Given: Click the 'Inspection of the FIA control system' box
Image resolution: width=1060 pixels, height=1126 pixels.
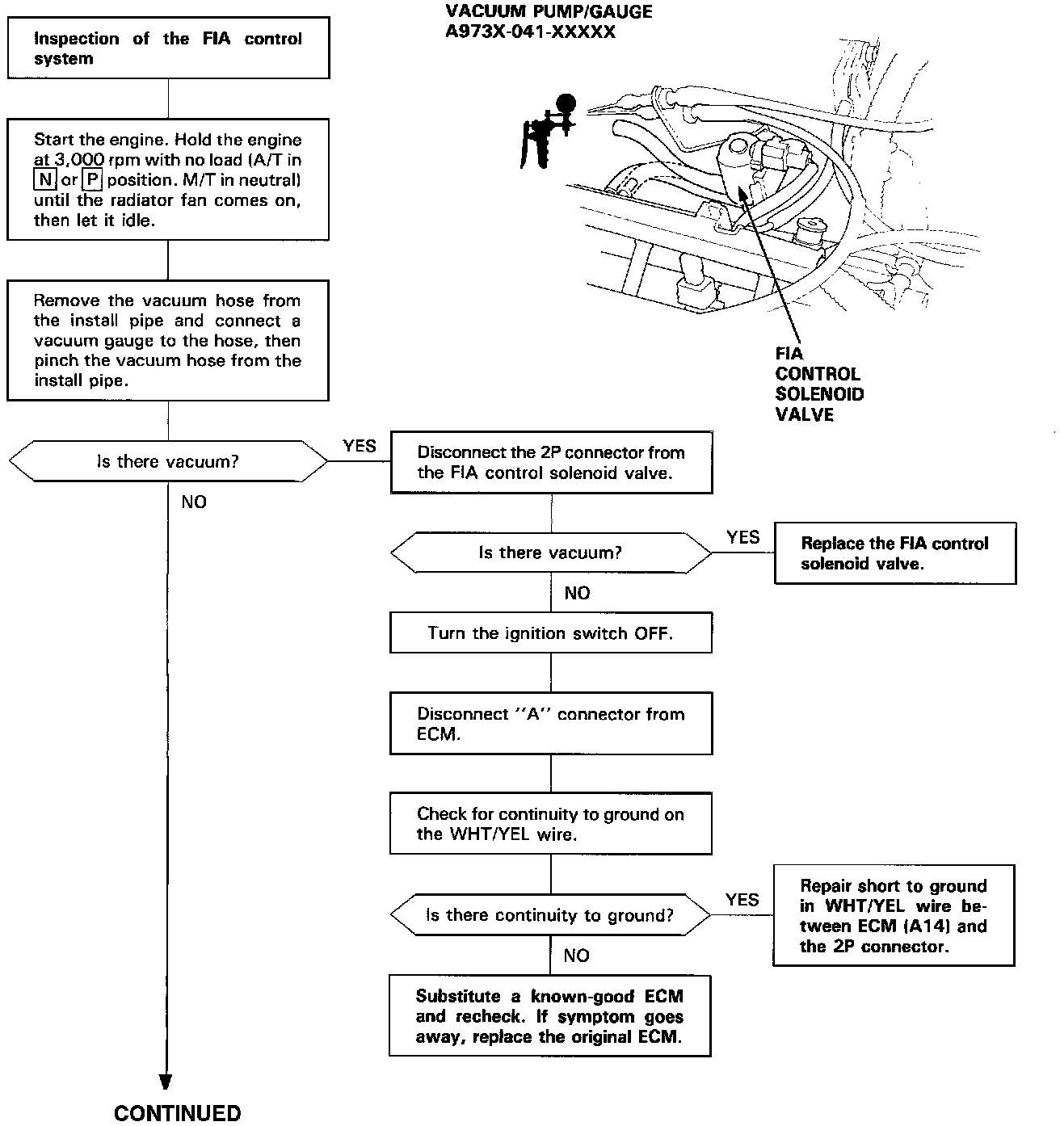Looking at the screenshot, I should pos(168,48).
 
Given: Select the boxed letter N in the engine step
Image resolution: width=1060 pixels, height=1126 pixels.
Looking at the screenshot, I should pos(45,180).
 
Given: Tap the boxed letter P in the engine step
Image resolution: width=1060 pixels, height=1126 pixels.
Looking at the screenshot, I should pos(91,180).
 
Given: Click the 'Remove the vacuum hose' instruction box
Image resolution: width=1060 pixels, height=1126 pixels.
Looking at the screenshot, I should pos(168,340).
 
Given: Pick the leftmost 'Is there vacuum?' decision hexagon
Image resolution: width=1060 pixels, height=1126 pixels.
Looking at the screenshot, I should pos(168,462).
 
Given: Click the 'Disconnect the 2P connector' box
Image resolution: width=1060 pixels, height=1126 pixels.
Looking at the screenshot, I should pos(551,463).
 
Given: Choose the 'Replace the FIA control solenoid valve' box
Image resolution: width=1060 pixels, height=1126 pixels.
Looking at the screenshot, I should pos(894,553).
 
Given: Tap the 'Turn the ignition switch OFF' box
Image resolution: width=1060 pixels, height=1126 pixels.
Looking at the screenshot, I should pos(551,633).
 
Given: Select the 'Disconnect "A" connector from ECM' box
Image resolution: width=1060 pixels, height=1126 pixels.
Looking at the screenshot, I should pos(551,724).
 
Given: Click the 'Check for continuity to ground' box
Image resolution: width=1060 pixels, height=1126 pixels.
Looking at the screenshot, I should pos(551,824).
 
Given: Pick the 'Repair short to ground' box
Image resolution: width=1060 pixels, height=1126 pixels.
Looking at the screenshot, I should pos(894,916).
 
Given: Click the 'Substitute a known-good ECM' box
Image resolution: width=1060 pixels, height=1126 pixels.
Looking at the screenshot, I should pos(549,1016).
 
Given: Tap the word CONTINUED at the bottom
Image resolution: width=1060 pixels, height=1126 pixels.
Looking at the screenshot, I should pos(178,1113).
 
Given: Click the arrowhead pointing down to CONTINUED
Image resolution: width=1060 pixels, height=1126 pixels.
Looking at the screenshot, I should pos(166,1082).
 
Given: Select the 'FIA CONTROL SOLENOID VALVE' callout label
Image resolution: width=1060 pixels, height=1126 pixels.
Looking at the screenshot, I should pos(819,384).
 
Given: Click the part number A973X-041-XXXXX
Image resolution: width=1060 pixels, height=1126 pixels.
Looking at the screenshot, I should pos(530,32).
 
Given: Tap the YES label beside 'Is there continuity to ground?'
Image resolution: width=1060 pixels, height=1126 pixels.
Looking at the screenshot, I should pos(742,900).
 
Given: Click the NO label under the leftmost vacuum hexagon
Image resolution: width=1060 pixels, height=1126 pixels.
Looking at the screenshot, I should pos(194,502).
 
